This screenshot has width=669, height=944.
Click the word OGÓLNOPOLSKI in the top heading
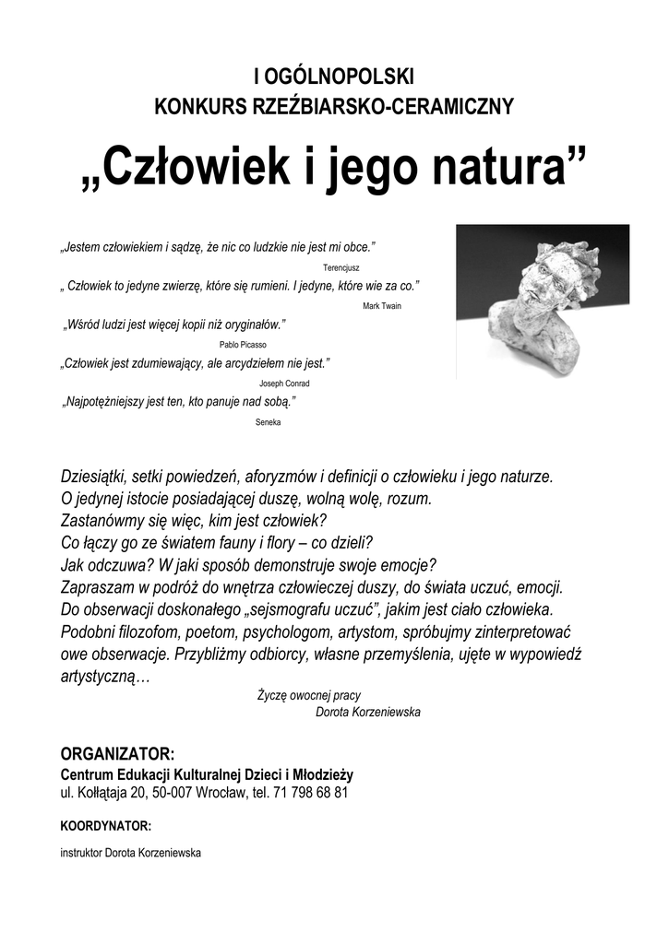coord(341,76)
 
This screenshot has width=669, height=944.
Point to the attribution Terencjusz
coord(341,266)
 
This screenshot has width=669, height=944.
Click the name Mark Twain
coord(382,305)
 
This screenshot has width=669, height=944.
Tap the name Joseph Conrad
coord(284,383)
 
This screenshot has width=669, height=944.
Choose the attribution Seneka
coord(268,422)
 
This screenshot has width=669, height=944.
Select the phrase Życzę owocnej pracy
coord(308,696)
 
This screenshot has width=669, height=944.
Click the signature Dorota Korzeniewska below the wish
coord(367,713)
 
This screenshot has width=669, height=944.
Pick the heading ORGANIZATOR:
coord(116,755)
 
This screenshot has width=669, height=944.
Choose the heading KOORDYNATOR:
coord(105,825)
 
